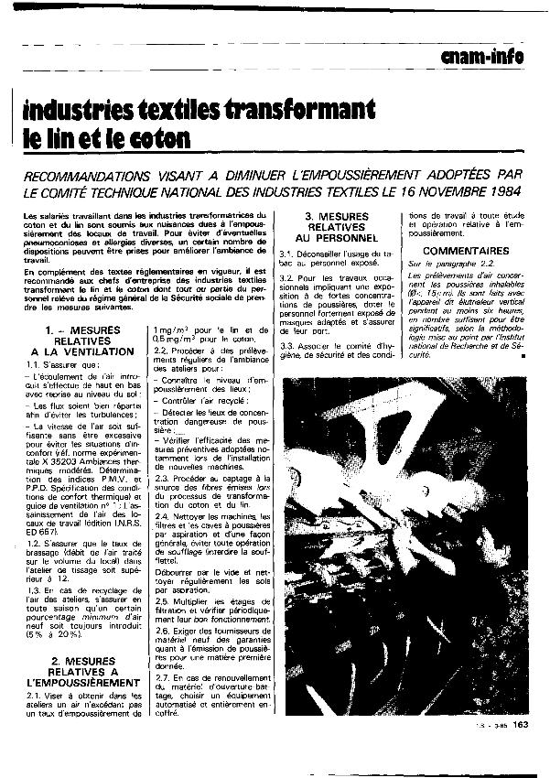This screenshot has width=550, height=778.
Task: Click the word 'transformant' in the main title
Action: [295, 111]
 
